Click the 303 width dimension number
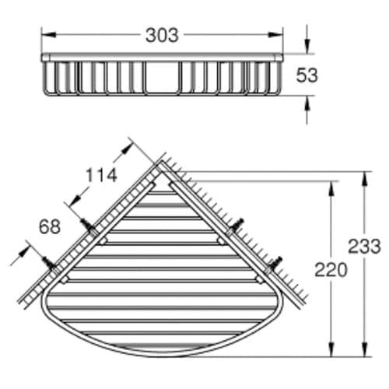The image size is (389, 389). tap(162, 35)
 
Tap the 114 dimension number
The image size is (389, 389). tap(101, 176)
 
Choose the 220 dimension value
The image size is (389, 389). tap(331, 270)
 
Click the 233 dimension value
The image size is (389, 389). tap(365, 247)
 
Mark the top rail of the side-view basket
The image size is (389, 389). tap(162, 57)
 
